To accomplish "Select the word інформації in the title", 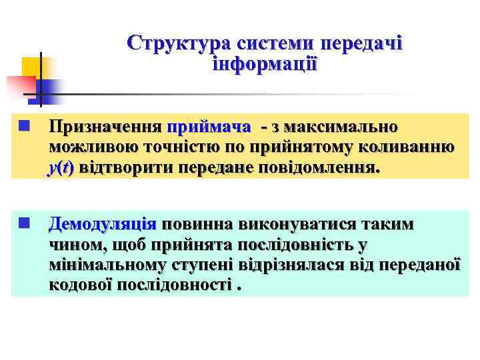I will (265, 65).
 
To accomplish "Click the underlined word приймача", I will (209, 127).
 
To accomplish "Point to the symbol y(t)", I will (61, 168).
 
